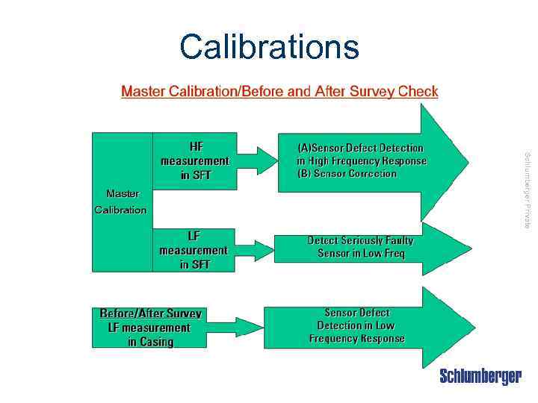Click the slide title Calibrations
pyautogui.click(x=269, y=46)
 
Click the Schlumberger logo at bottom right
pyautogui.click(x=480, y=377)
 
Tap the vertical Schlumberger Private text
pyautogui.click(x=528, y=190)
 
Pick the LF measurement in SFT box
pyautogui.click(x=194, y=250)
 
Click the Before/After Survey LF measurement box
pyautogui.click(x=150, y=328)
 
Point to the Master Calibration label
pyautogui.click(x=121, y=201)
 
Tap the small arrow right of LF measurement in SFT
pyautogui.click(x=256, y=250)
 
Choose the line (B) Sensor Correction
pyautogui.click(x=347, y=174)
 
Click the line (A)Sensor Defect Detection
pyautogui.click(x=360, y=148)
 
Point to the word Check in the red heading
pyautogui.click(x=418, y=92)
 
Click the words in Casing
pyautogui.click(x=150, y=342)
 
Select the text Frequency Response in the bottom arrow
pyautogui.click(x=356, y=339)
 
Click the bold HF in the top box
pyautogui.click(x=196, y=146)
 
